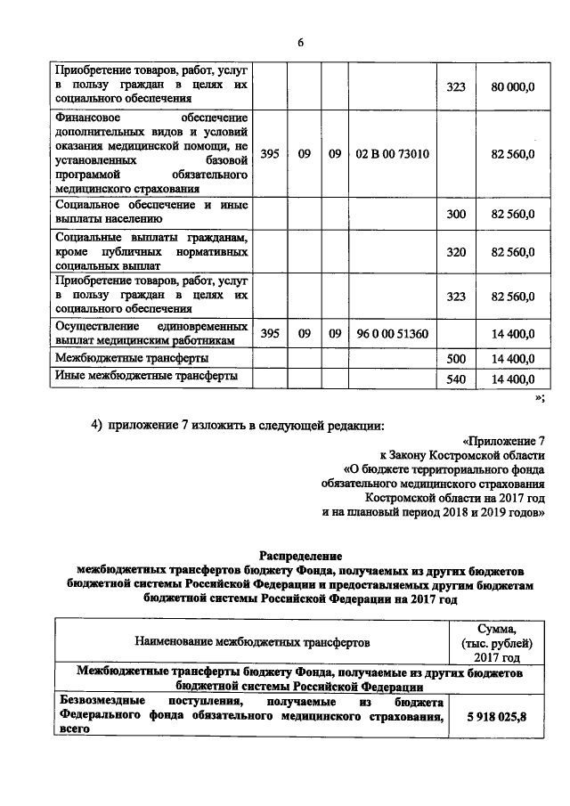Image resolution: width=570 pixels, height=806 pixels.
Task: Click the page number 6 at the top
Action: point(300,43)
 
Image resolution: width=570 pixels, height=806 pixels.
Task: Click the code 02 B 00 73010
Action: point(392,154)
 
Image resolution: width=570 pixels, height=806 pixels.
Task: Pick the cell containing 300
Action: point(456,215)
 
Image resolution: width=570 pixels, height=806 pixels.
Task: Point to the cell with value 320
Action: point(456,252)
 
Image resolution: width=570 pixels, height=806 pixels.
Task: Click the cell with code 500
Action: point(456,358)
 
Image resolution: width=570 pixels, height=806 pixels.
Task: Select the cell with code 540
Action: point(456,379)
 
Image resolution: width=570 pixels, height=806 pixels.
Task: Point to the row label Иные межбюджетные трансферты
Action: point(146,377)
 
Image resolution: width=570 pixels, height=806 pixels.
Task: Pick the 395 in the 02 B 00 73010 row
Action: point(270,154)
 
